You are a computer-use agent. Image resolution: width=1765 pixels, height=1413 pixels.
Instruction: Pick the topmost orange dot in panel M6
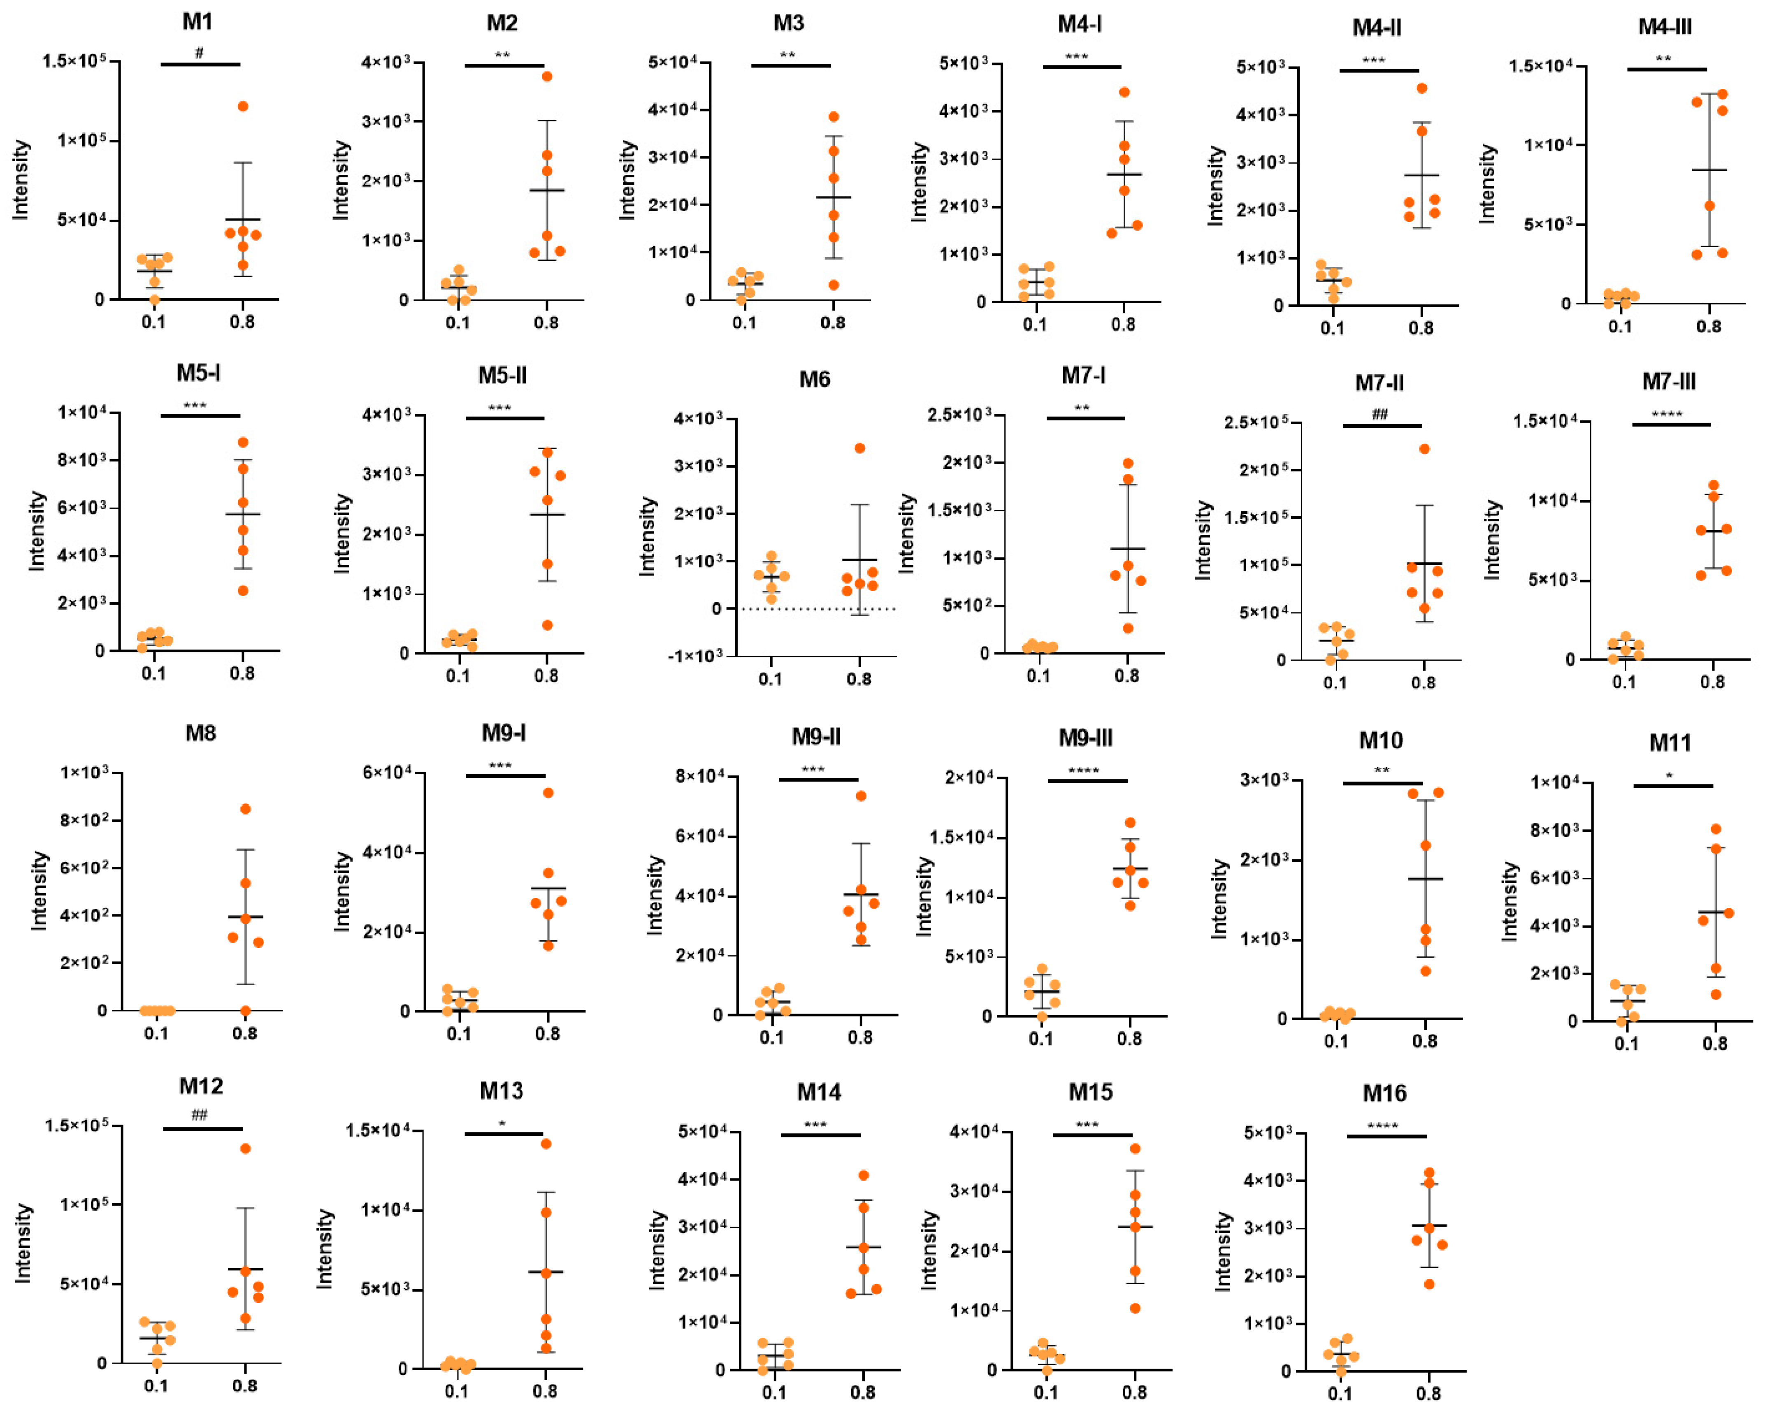tap(859, 448)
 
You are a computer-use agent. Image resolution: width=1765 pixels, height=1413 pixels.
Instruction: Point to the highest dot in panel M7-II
tap(1424, 449)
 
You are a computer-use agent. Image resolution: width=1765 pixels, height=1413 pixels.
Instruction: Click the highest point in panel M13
tap(546, 1144)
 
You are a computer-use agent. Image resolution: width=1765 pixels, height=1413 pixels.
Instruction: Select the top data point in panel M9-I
tap(548, 792)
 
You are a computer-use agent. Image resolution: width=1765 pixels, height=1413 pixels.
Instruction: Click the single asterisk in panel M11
tap(1669, 775)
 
